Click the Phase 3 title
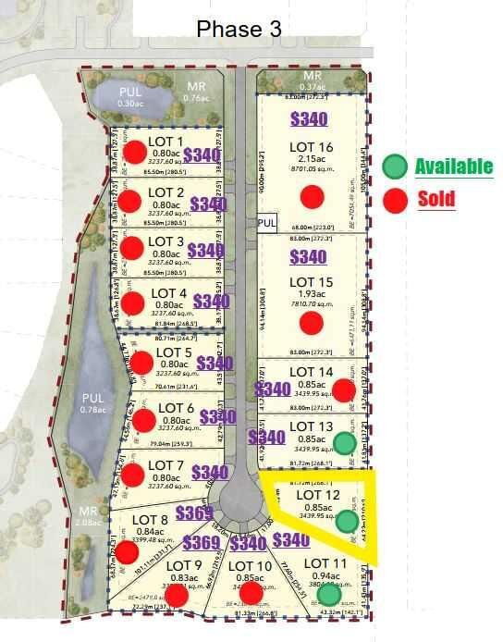239,29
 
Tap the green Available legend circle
395,167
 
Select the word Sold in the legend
436,198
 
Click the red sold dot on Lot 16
312,196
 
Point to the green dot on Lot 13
344,443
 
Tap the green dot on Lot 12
347,522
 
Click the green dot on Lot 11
328,595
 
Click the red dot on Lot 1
136,153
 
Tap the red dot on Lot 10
251,592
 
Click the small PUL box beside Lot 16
267,223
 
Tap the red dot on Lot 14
343,390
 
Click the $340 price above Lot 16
308,118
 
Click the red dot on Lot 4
133,302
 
